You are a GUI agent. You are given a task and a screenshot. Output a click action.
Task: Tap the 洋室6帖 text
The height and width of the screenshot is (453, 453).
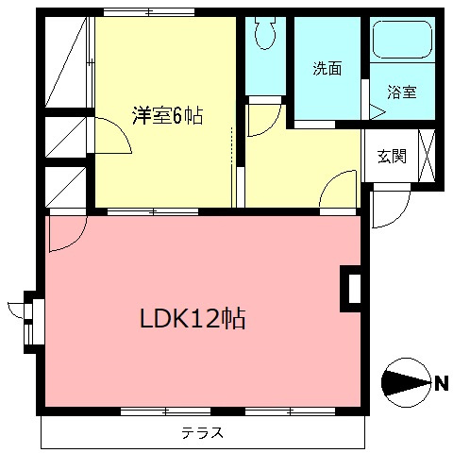point(168,116)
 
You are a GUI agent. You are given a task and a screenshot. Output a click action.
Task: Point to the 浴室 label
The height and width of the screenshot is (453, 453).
point(402,92)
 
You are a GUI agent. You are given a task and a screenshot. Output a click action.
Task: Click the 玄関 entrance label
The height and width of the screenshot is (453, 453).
point(392,157)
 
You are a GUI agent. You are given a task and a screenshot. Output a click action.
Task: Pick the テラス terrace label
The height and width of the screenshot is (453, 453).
point(203,434)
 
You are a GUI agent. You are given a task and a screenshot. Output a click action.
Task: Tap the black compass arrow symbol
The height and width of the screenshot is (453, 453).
point(405,382)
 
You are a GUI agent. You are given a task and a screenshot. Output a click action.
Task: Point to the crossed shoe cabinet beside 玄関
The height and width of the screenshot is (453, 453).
point(427,156)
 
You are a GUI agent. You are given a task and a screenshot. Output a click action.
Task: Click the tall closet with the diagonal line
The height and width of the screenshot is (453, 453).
point(67,61)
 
